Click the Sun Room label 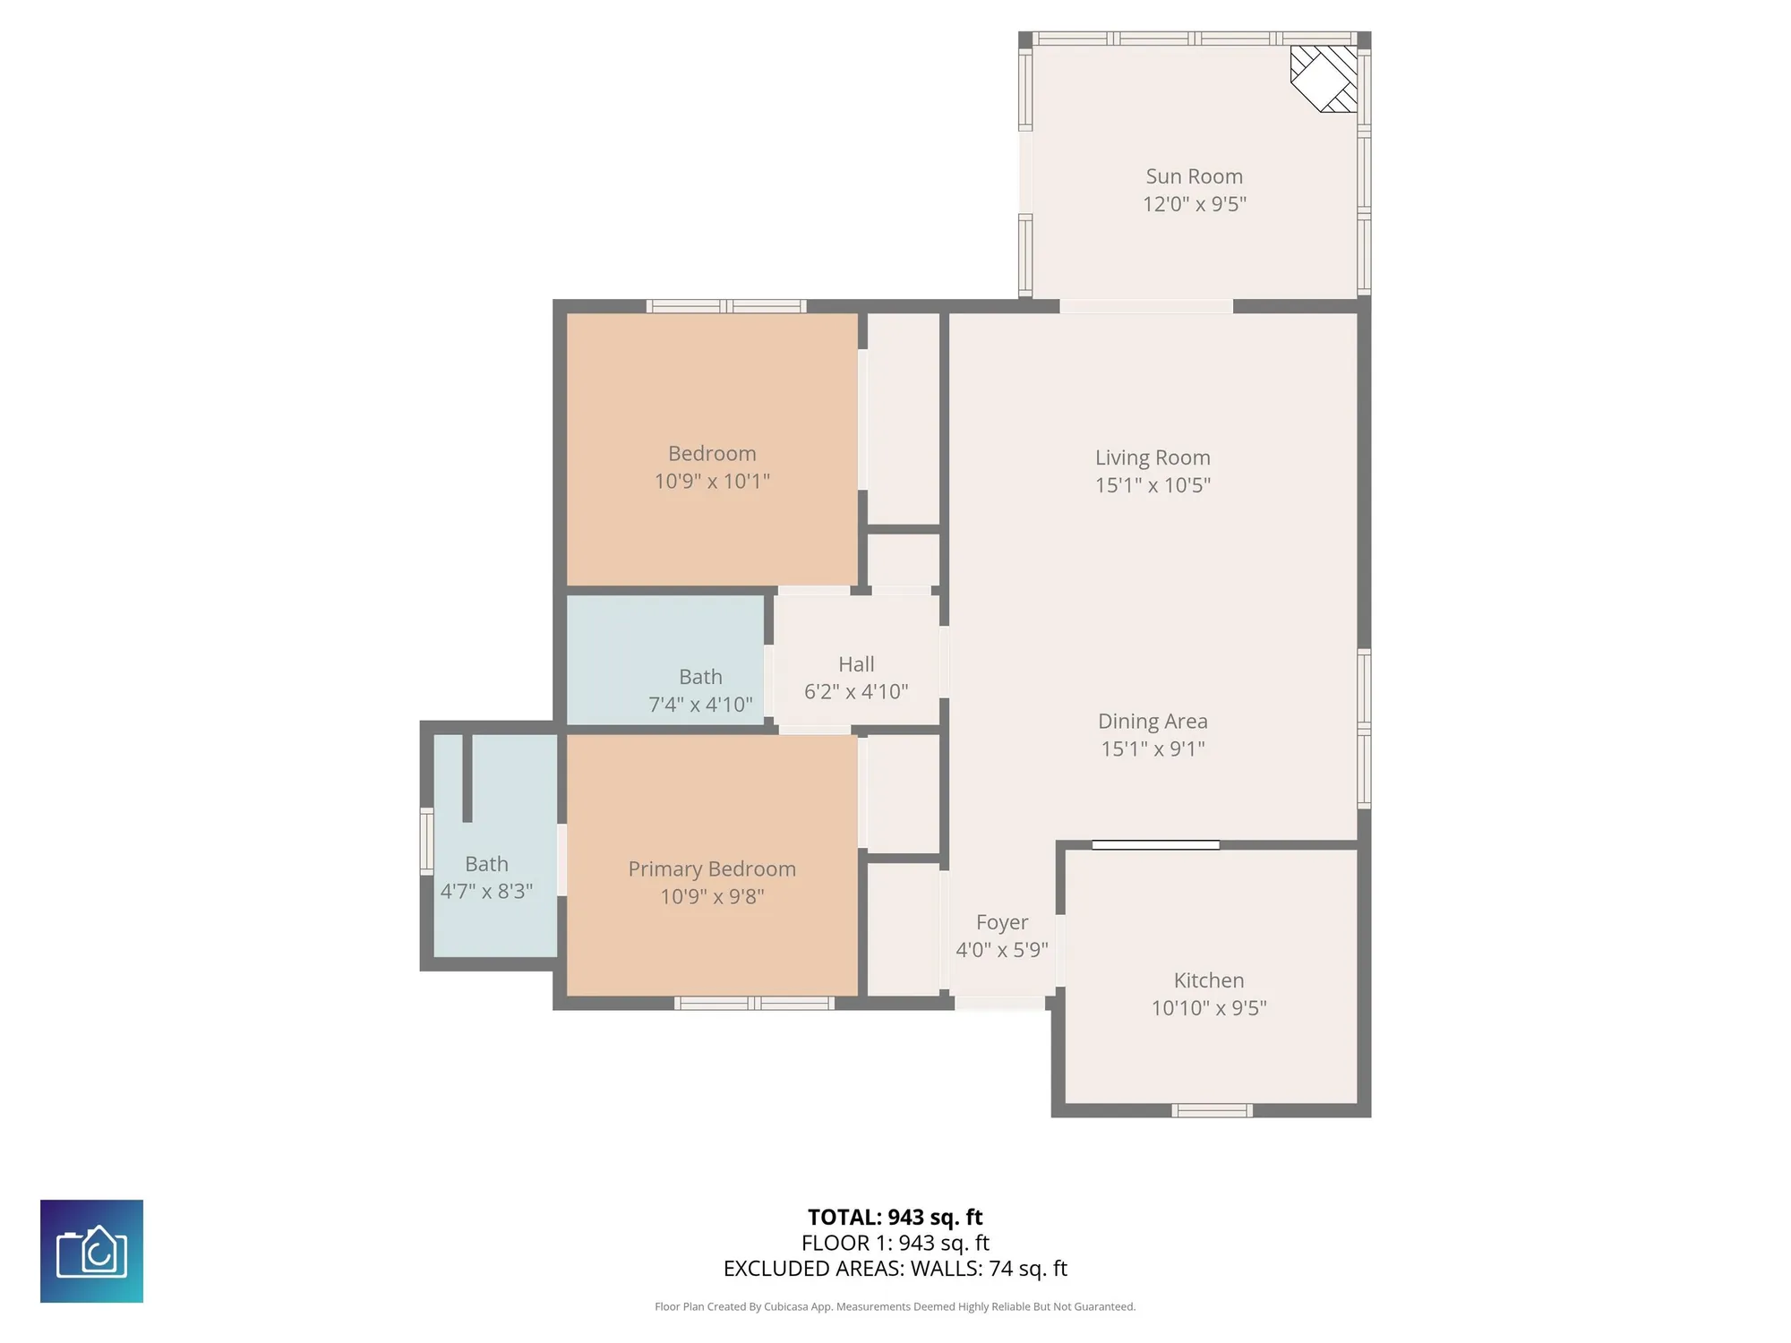point(1194,176)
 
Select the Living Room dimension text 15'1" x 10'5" point(1153,485)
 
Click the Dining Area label point(1153,721)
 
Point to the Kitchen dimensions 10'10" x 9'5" point(1208,1008)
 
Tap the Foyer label point(1001,922)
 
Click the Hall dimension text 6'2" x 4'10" point(855,691)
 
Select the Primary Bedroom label point(712,868)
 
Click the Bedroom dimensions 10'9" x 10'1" point(712,481)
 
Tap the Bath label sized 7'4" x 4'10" point(700,677)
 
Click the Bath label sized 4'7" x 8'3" point(486,864)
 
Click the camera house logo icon point(91,1251)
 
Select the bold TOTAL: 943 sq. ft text point(895,1217)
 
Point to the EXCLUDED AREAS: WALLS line point(895,1269)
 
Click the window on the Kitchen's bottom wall point(1212,1111)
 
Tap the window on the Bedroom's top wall point(726,306)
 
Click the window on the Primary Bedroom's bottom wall point(754,1004)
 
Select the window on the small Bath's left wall point(427,841)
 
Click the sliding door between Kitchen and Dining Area point(1155,844)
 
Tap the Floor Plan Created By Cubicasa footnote point(895,1307)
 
